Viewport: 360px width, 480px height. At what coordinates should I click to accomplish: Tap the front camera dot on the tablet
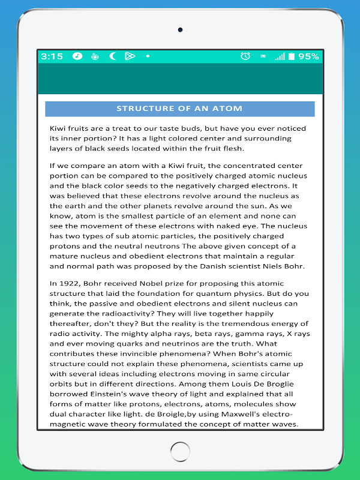coord(180,29)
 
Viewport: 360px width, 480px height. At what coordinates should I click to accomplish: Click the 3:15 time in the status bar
coord(52,56)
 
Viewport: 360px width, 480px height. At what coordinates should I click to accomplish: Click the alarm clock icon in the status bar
coord(245,56)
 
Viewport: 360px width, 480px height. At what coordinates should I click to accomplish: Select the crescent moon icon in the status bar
coord(112,56)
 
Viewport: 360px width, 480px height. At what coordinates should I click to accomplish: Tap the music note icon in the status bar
coord(77,56)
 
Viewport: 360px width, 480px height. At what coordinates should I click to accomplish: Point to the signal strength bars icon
coord(280,56)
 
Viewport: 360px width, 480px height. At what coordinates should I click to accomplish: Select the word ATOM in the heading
coord(231,109)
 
